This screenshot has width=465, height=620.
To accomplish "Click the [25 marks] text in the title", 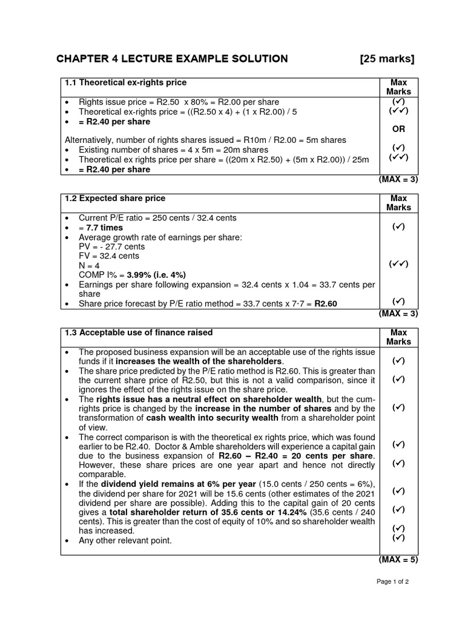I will [387, 59].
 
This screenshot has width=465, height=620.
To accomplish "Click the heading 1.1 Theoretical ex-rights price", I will [125, 82].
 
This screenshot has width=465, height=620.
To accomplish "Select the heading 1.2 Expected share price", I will [114, 199].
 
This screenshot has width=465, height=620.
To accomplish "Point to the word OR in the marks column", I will [398, 129].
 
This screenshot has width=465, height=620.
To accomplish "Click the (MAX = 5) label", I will [398, 559].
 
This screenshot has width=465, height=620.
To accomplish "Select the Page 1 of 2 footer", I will [392, 599].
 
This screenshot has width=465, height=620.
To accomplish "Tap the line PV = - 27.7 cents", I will [112, 247].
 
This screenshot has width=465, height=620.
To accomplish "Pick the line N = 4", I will [90, 265].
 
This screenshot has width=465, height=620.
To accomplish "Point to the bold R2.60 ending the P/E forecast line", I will [326, 304].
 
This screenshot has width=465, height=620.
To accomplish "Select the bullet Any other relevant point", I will [125, 541].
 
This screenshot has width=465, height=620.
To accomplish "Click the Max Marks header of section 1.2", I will [398, 203].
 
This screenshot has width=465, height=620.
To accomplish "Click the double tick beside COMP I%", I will [398, 264].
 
